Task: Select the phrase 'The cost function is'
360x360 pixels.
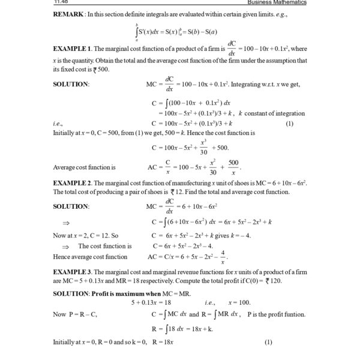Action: pyautogui.click(x=105, y=246)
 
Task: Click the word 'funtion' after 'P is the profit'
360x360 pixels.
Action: pyautogui.click(x=292, y=314)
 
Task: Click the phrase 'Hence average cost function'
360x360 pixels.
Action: pyautogui.click(x=90, y=257)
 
